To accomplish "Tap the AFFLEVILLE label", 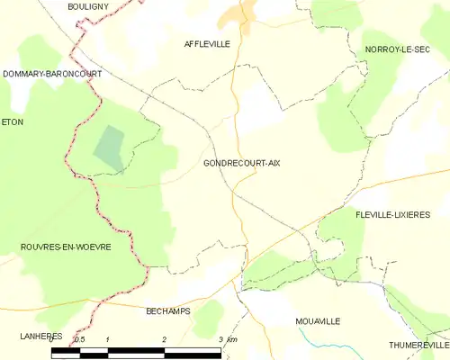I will pyautogui.click(x=207, y=43).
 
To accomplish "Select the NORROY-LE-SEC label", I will pyautogui.click(x=397, y=49).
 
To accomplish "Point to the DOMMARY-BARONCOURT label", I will pyautogui.click(x=51, y=73).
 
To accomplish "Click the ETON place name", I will pyautogui.click(x=12, y=121).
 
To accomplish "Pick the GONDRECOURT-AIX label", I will pyautogui.click(x=241, y=163).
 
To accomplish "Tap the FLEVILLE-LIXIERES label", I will pyautogui.click(x=392, y=214).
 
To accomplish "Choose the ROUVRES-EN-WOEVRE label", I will pyautogui.click(x=65, y=247).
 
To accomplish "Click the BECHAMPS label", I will pyautogui.click(x=169, y=310).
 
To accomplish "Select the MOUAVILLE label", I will pyautogui.click(x=319, y=320).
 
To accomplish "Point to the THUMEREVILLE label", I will pyautogui.click(x=418, y=345).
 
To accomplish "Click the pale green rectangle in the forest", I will pyautogui.click(x=110, y=146).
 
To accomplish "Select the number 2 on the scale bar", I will pyautogui.click(x=165, y=339).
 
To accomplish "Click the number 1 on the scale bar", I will pyautogui.click(x=108, y=339).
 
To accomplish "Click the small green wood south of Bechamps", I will pyautogui.click(x=208, y=317).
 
